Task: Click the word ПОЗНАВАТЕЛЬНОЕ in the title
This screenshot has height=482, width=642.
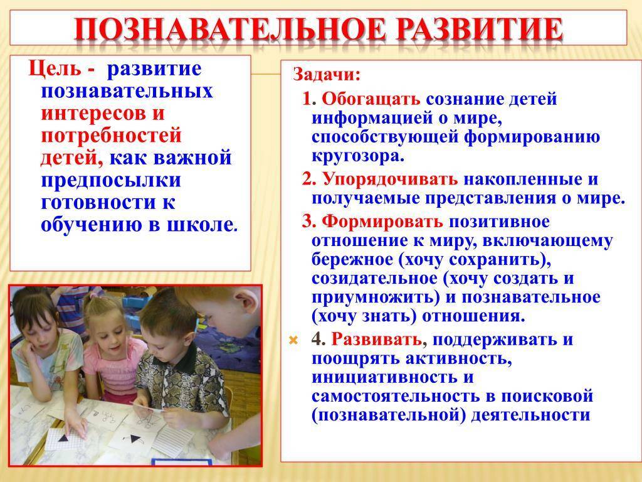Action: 230,29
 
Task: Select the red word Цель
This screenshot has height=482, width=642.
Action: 55,68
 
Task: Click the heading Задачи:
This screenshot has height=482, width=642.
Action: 327,74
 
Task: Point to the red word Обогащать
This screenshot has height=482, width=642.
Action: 371,99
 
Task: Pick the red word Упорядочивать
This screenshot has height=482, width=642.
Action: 390,179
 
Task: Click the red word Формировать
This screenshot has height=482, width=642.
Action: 382,222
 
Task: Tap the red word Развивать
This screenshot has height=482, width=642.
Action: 376,340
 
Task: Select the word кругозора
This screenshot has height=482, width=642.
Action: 358,156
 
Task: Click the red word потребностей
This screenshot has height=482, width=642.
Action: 111,136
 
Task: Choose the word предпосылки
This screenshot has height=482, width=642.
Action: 111,181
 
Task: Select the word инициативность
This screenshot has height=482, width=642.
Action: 384,377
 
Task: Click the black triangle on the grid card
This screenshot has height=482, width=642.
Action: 63,438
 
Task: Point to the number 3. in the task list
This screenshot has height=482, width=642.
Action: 309,222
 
